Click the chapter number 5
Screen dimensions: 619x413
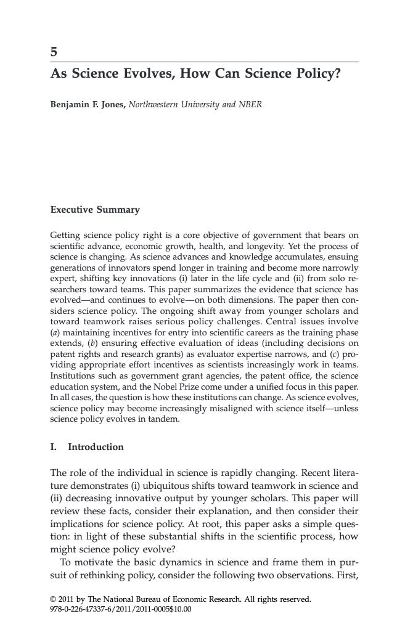tap(54, 52)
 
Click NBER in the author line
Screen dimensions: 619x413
tap(250, 104)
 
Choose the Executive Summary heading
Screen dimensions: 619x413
tap(95, 210)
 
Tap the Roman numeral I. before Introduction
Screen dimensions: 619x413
tap(54, 446)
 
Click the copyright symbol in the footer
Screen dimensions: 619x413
tap(52, 599)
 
